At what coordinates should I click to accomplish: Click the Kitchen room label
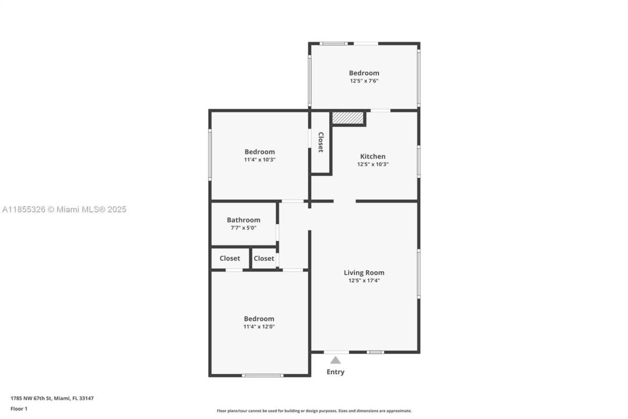(373, 157)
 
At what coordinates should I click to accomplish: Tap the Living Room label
(363, 273)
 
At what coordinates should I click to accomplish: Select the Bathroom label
(244, 220)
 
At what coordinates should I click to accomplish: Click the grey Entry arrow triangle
(336, 360)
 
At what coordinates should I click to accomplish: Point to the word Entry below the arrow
(336, 372)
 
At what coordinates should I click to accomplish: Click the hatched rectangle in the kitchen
(348, 118)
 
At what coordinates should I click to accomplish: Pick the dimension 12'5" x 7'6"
(364, 80)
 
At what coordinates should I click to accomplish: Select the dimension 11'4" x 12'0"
(259, 326)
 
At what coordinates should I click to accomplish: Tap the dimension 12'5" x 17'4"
(364, 280)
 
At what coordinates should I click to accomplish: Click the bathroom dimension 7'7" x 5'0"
(244, 228)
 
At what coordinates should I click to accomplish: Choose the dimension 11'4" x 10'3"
(259, 159)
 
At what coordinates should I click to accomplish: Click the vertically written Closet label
(320, 143)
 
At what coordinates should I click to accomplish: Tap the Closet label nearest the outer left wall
(230, 258)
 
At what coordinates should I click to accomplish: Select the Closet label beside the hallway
(264, 258)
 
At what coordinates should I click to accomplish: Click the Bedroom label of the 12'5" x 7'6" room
(364, 73)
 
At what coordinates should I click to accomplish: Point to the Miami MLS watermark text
(64, 210)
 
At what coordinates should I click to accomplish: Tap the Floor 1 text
(19, 409)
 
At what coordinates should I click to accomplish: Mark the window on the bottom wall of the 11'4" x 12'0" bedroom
(263, 376)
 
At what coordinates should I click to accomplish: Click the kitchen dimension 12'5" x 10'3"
(373, 164)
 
